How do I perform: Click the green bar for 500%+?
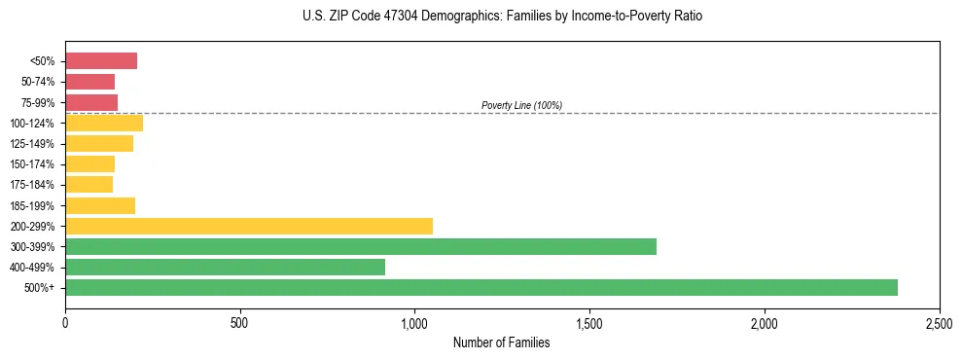tap(481, 287)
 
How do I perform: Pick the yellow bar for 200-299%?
tap(249, 226)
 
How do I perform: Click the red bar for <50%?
tap(101, 61)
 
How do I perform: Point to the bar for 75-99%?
tap(91, 102)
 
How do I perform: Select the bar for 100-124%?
tap(104, 123)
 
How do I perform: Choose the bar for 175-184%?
tap(89, 184)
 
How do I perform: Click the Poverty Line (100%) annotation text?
tap(521, 105)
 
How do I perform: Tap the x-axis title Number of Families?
tap(502, 342)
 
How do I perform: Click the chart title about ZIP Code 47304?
tap(502, 17)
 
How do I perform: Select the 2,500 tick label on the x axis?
tap(939, 321)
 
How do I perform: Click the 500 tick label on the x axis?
tap(240, 321)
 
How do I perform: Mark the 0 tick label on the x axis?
tap(65, 321)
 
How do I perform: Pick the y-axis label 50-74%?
tap(39, 82)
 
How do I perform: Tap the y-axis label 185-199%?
tap(35, 205)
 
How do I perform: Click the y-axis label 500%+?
tap(42, 287)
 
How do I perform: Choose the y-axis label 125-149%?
tap(35, 143)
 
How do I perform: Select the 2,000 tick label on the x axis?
tap(765, 321)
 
